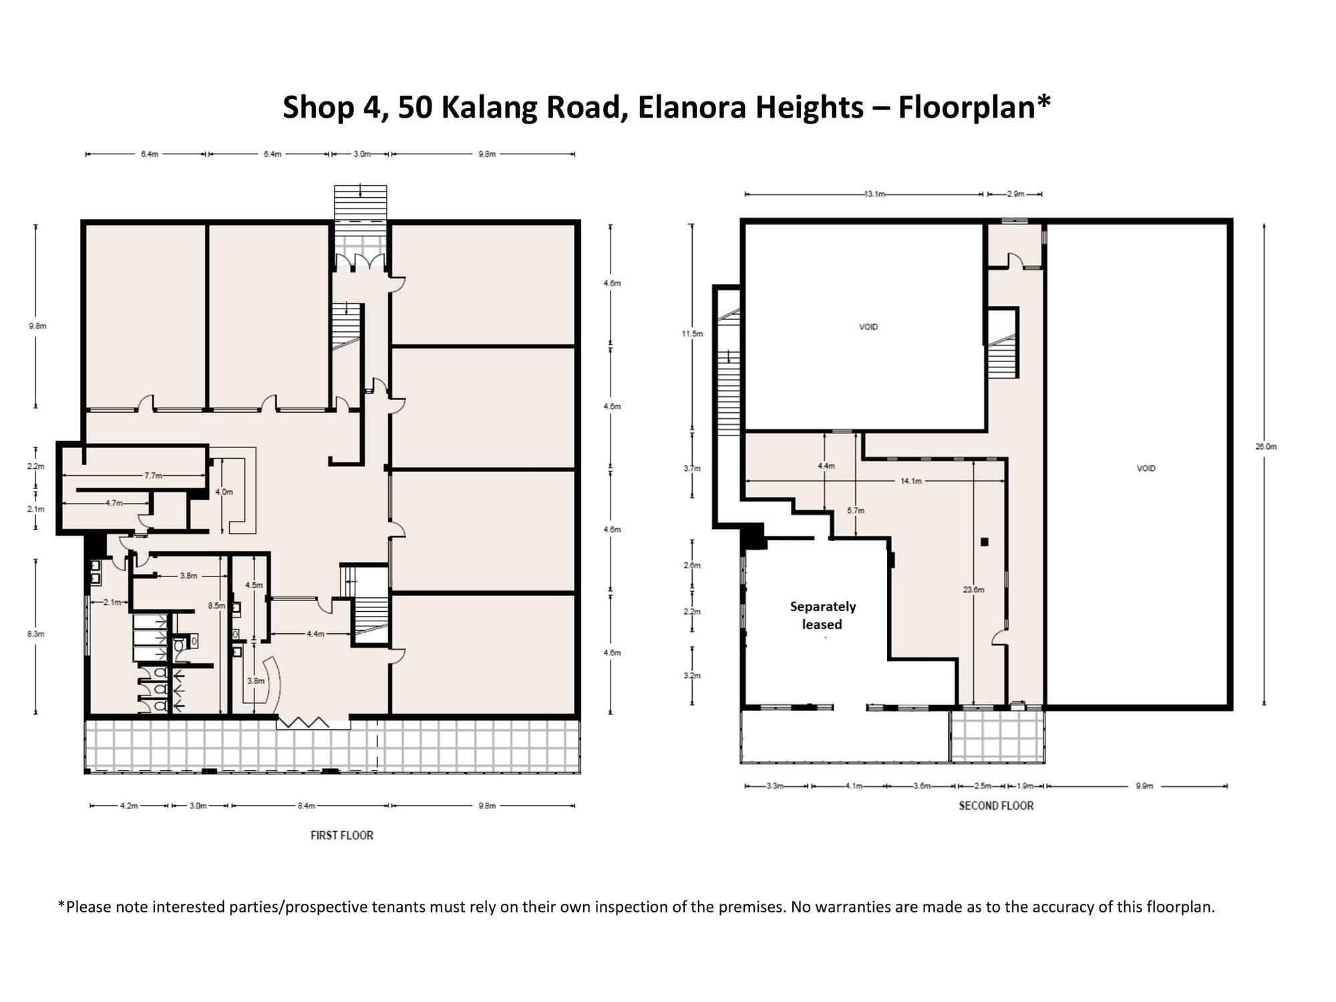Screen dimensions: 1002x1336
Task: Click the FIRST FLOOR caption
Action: (341, 835)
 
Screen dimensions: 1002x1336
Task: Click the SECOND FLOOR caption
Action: (995, 806)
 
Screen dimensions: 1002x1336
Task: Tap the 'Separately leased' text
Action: (822, 615)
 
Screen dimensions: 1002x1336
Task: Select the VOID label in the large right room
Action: (1146, 468)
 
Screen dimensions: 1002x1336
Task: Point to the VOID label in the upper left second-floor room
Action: (868, 327)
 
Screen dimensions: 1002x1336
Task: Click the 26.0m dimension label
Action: (1265, 446)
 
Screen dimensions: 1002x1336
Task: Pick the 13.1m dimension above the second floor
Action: (874, 194)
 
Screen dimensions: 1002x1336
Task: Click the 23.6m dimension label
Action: (973, 590)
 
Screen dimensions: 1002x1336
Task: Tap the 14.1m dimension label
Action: (910, 481)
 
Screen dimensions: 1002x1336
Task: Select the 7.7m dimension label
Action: (153, 476)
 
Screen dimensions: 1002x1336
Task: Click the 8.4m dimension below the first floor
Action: (306, 806)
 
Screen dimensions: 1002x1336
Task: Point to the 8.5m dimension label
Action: (216, 606)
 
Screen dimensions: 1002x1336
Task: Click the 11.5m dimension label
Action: (693, 333)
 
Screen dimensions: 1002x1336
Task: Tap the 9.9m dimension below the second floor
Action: (1144, 786)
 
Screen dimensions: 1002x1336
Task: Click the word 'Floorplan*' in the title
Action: (974, 107)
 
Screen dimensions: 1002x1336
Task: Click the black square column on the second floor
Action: (984, 542)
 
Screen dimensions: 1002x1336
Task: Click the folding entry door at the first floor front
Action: (303, 722)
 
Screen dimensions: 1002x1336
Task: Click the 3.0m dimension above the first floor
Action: (361, 154)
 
